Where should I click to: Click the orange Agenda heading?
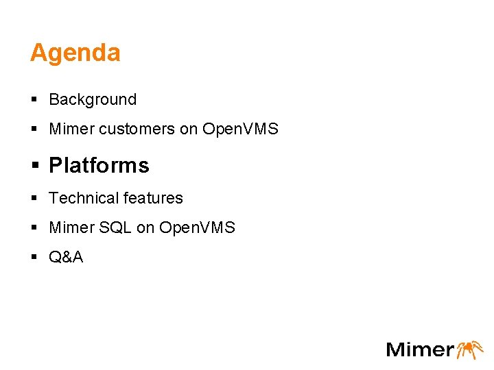[75, 53]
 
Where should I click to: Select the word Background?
[93, 100]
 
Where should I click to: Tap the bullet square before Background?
[34, 100]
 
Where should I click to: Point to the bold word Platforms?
[99, 166]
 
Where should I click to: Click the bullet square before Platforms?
[34, 166]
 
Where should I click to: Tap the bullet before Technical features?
[34, 199]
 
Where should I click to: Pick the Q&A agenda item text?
[66, 258]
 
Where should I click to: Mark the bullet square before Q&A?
[34, 258]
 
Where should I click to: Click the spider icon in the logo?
[470, 349]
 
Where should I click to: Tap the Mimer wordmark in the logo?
[420, 349]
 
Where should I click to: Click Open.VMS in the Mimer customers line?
[240, 129]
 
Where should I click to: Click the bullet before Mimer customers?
[34, 129]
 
